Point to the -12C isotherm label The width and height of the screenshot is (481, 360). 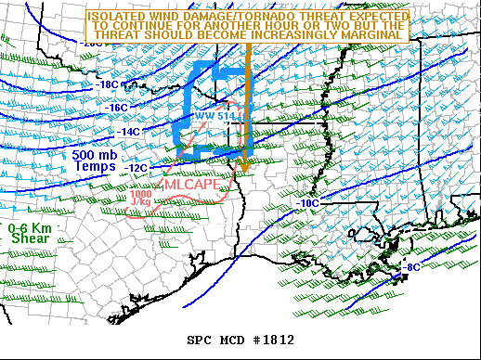[x=137, y=167]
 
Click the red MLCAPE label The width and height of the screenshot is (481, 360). [x=193, y=185]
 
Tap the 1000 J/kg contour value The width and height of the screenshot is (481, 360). [x=141, y=197]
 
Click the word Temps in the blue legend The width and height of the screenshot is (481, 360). [x=96, y=167]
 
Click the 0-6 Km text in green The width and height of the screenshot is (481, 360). [x=30, y=227]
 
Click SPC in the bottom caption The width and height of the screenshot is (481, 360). [x=200, y=340]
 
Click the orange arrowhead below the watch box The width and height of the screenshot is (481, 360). [x=243, y=165]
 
